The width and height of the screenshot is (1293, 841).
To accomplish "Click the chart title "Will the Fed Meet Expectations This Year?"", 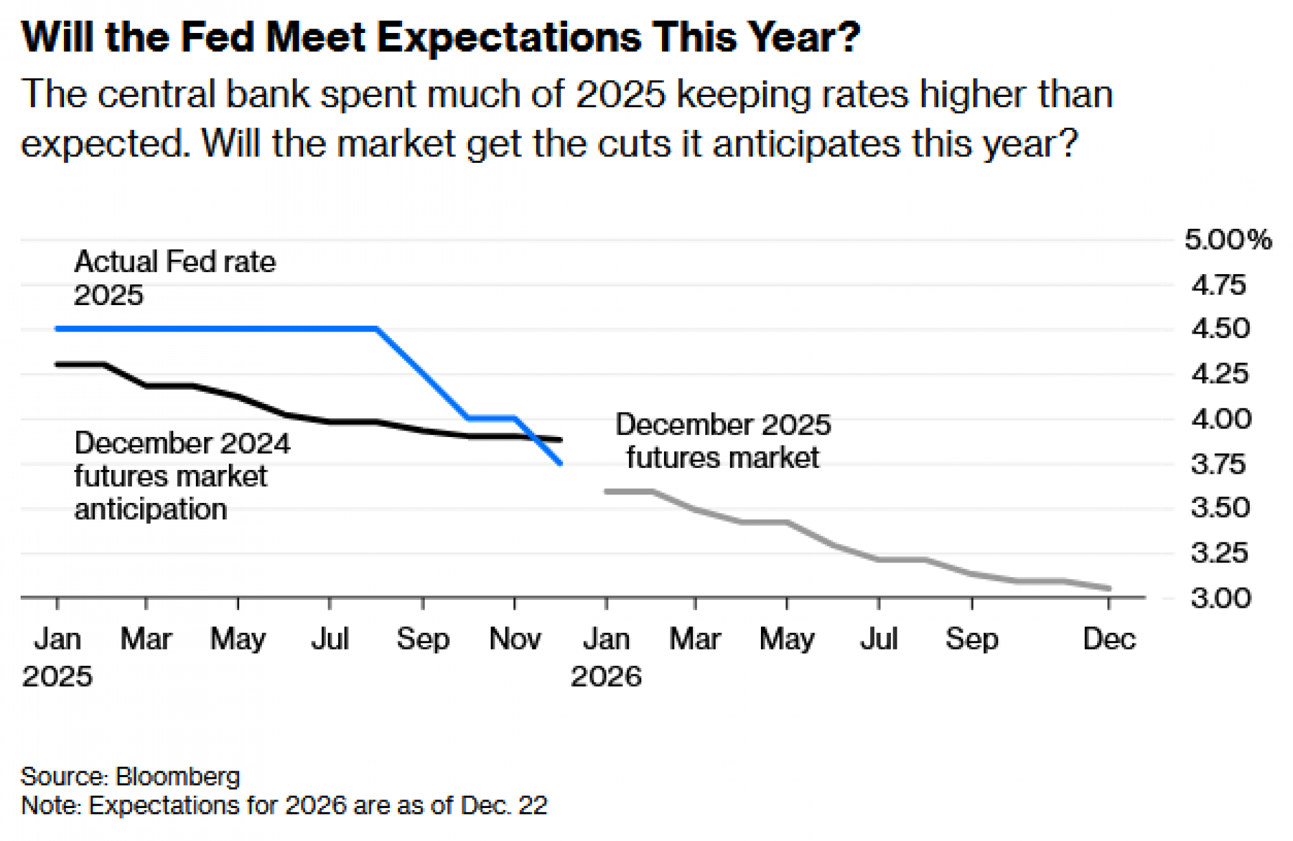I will click(440, 37).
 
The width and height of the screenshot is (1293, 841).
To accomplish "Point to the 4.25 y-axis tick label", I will click(1220, 374).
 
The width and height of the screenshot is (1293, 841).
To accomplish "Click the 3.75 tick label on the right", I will click(1218, 464).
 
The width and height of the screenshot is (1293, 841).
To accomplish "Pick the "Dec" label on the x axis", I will click(1109, 639).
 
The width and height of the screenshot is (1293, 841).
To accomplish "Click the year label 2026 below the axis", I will click(606, 677).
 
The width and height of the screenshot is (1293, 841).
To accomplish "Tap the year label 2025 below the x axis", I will click(57, 677).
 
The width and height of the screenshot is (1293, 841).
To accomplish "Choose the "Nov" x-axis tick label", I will click(515, 639).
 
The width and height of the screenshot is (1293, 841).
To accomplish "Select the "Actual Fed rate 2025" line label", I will click(175, 278).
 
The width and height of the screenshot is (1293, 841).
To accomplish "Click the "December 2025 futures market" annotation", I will click(723, 441).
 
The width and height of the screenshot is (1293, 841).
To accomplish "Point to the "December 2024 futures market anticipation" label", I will click(182, 476).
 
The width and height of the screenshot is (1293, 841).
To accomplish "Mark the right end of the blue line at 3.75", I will click(560, 463).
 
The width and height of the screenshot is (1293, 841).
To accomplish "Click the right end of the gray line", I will click(1109, 588).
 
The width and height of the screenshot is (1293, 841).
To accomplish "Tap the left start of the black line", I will click(58, 365).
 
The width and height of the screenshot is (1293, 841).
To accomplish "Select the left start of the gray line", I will click(606, 491).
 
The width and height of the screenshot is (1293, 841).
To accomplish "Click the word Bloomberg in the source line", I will click(178, 776).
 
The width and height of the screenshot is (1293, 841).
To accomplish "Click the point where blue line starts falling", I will click(377, 329).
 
